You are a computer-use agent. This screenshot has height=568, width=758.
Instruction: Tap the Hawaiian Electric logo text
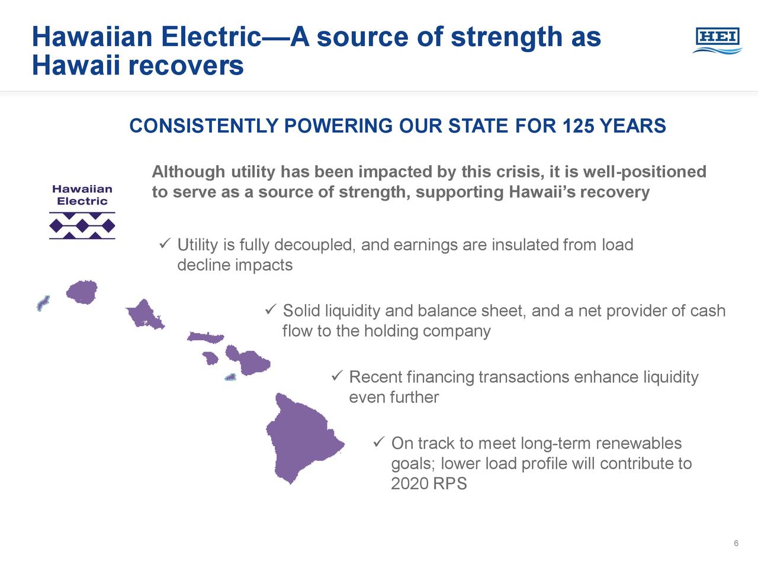pyautogui.click(x=82, y=195)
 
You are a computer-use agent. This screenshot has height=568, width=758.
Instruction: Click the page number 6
pyautogui.click(x=736, y=543)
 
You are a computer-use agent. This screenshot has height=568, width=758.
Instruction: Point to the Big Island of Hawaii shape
pyautogui.click(x=300, y=438)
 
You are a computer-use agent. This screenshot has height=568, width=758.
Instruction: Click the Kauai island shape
pyautogui.click(x=82, y=292)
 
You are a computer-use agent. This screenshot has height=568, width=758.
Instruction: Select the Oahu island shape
pyautogui.click(x=145, y=314)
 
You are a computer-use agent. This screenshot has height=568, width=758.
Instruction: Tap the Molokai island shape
pyautogui.click(x=205, y=337)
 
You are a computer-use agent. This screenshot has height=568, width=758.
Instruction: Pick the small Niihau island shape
pyautogui.click(x=43, y=303)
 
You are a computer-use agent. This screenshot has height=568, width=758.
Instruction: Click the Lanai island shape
pyautogui.click(x=210, y=358)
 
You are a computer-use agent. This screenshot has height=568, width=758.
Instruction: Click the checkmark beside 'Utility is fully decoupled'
pyautogui.click(x=165, y=244)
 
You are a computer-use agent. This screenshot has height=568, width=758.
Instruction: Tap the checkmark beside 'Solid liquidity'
pyautogui.click(x=271, y=309)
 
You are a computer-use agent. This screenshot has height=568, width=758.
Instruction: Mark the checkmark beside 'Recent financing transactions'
pyautogui.click(x=337, y=376)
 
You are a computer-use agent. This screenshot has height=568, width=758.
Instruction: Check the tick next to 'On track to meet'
pyautogui.click(x=379, y=442)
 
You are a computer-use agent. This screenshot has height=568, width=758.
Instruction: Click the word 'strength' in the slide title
pyautogui.click(x=507, y=37)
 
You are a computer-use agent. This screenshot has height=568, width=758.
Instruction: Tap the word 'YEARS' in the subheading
pyautogui.click(x=632, y=125)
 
